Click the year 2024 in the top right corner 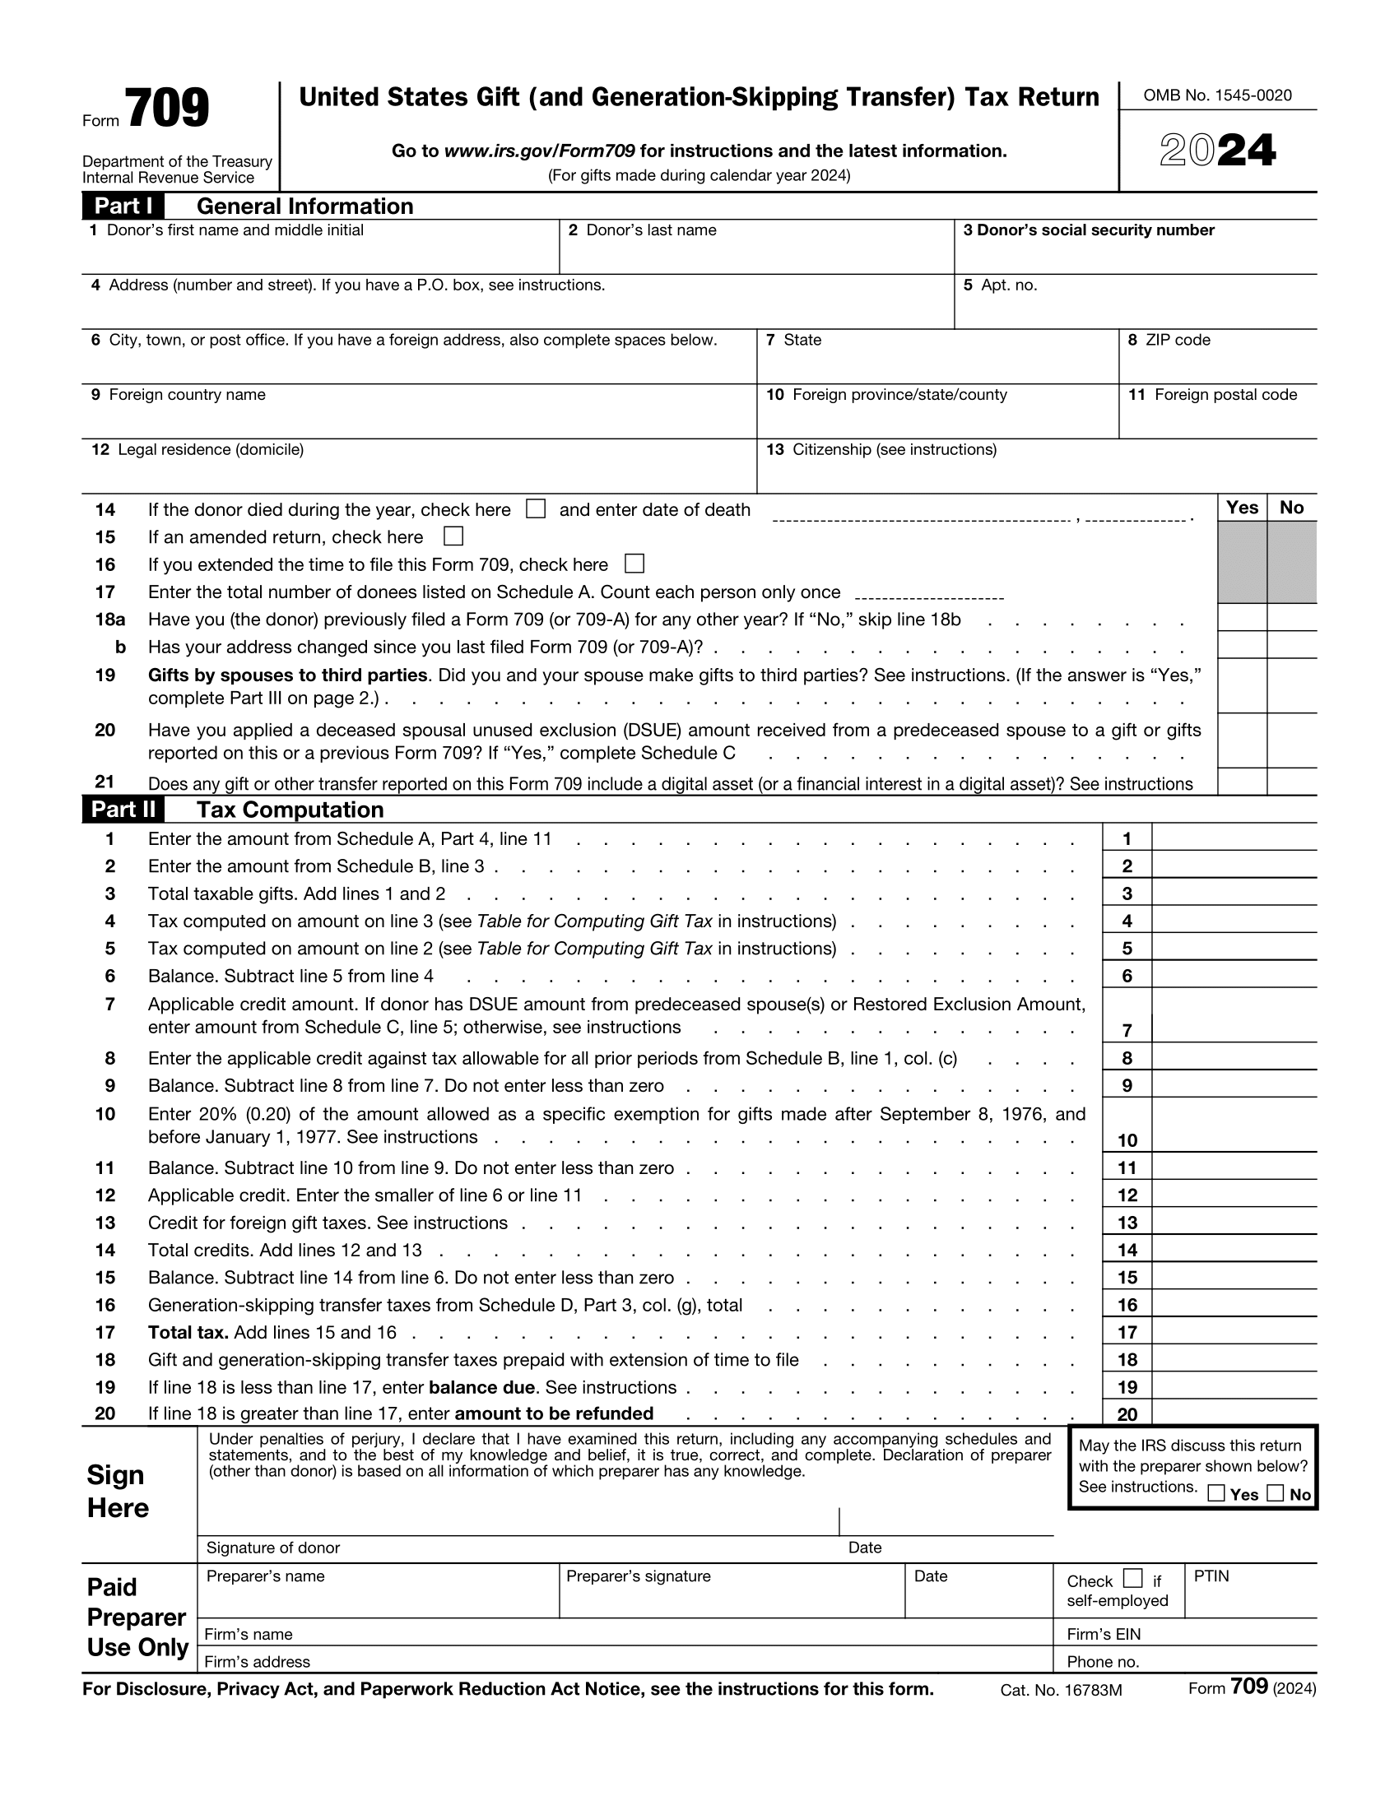(x=1216, y=151)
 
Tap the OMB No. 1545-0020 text (x=1216, y=95)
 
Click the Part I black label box (x=123, y=206)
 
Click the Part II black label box (x=123, y=809)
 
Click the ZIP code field (x=1216, y=364)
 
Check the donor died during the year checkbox (x=536, y=508)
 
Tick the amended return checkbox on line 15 (x=453, y=536)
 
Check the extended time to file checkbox (x=634, y=564)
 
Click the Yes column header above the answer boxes (x=1242, y=507)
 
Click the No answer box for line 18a (x=1291, y=617)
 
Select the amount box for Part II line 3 (x=1234, y=893)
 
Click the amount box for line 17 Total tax (x=1234, y=1331)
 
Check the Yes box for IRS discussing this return (x=1215, y=1493)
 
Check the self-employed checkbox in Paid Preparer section (x=1132, y=1578)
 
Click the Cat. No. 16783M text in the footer (x=1060, y=1690)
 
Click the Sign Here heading (x=118, y=1491)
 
